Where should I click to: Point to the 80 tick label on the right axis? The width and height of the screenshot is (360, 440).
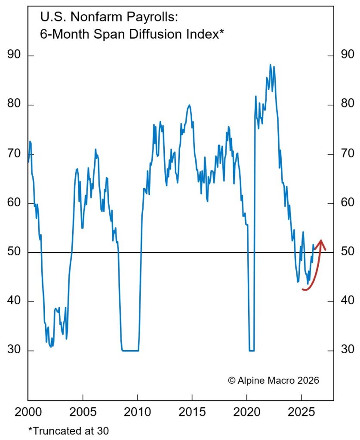[x=347, y=105]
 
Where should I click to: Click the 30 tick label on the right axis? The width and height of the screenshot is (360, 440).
[x=347, y=350]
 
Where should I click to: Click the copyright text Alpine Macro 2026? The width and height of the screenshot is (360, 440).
[x=274, y=380]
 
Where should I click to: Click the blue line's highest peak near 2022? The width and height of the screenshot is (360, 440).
[x=270, y=65]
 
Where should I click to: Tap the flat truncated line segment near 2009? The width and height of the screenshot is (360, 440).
[x=130, y=351]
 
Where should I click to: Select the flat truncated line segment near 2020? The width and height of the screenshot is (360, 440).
[x=251, y=351]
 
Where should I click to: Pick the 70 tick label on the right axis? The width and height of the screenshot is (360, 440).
[x=347, y=154]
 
